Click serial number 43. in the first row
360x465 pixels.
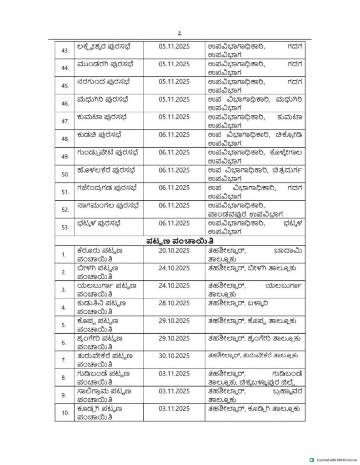point(65,50)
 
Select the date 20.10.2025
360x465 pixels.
point(175,250)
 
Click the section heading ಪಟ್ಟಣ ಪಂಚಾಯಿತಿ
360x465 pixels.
point(180,241)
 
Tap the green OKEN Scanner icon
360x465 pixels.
point(311,459)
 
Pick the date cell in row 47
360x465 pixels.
point(175,117)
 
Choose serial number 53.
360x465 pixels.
point(65,227)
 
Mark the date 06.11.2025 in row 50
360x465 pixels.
point(175,170)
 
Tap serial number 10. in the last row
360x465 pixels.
point(65,413)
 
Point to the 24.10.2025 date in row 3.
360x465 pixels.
point(175,285)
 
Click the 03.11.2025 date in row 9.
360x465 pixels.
point(175,391)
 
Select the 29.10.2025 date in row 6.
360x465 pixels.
point(175,338)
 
